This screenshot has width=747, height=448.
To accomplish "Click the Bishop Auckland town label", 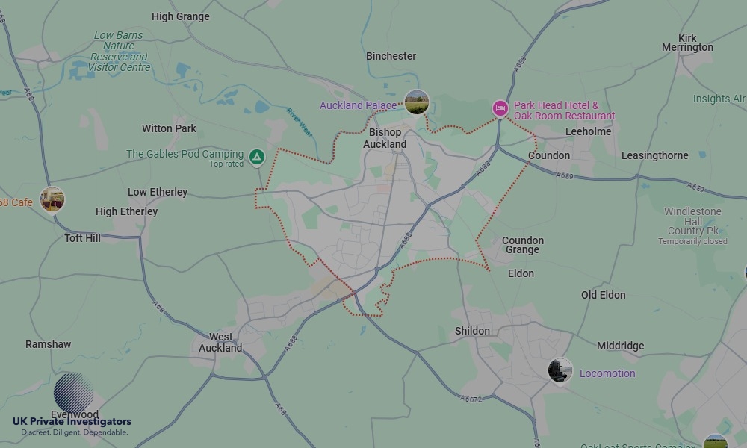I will tap(385, 138).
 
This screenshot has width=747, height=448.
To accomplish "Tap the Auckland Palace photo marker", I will tap(416, 102).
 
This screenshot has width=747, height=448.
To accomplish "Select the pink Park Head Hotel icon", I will tap(500, 109).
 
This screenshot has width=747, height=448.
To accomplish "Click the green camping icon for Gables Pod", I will tap(256, 157).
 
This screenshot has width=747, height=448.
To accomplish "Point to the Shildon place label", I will tap(472, 331).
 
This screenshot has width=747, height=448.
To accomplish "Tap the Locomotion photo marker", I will tap(560, 370).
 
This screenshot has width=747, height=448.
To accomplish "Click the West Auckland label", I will tap(220, 342).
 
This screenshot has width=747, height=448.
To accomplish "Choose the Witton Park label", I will tap(169, 128).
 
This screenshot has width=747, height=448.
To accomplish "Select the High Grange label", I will tap(180, 16).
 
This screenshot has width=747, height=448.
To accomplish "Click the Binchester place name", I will tap(391, 56).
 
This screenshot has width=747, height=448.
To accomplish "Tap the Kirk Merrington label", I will tap(687, 43).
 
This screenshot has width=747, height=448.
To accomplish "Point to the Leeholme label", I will tap(588, 131).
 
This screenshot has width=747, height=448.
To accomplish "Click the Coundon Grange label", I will tap(523, 245).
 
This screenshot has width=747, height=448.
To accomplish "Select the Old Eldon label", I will tap(603, 295).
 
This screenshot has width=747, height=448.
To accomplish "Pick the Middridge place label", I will tap(620, 346).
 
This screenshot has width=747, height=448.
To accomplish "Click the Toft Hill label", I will tap(82, 238).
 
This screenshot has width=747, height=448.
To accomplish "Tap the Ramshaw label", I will tap(48, 344).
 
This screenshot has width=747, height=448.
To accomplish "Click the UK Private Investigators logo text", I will tap(72, 422).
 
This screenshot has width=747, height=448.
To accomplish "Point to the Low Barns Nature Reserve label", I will tap(120, 51).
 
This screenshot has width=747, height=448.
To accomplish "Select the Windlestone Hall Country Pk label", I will tap(692, 221).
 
